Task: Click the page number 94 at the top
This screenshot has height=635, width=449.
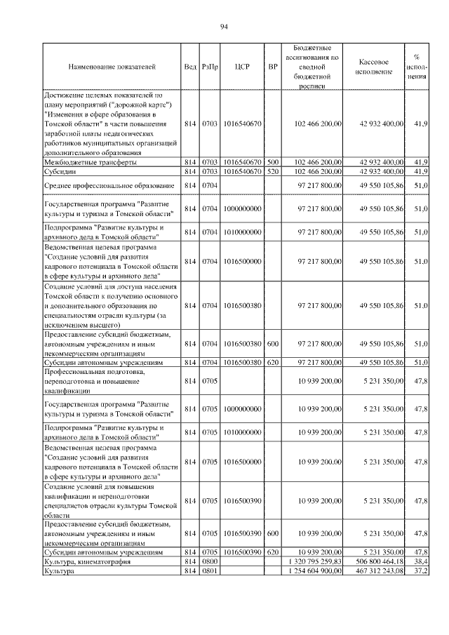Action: click(x=224, y=27)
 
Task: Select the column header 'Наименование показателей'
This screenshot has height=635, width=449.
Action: click(x=112, y=67)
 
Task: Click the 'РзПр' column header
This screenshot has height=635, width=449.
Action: click(x=209, y=67)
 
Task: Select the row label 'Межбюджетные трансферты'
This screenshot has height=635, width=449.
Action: click(x=90, y=162)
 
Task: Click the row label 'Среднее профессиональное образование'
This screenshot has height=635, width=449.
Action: click(x=109, y=185)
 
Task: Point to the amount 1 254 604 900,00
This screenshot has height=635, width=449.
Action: click(x=314, y=571)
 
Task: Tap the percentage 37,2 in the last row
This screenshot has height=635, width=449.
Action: click(x=420, y=571)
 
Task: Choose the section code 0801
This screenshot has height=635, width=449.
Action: click(x=209, y=571)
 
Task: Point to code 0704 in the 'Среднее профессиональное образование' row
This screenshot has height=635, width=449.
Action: click(x=209, y=185)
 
